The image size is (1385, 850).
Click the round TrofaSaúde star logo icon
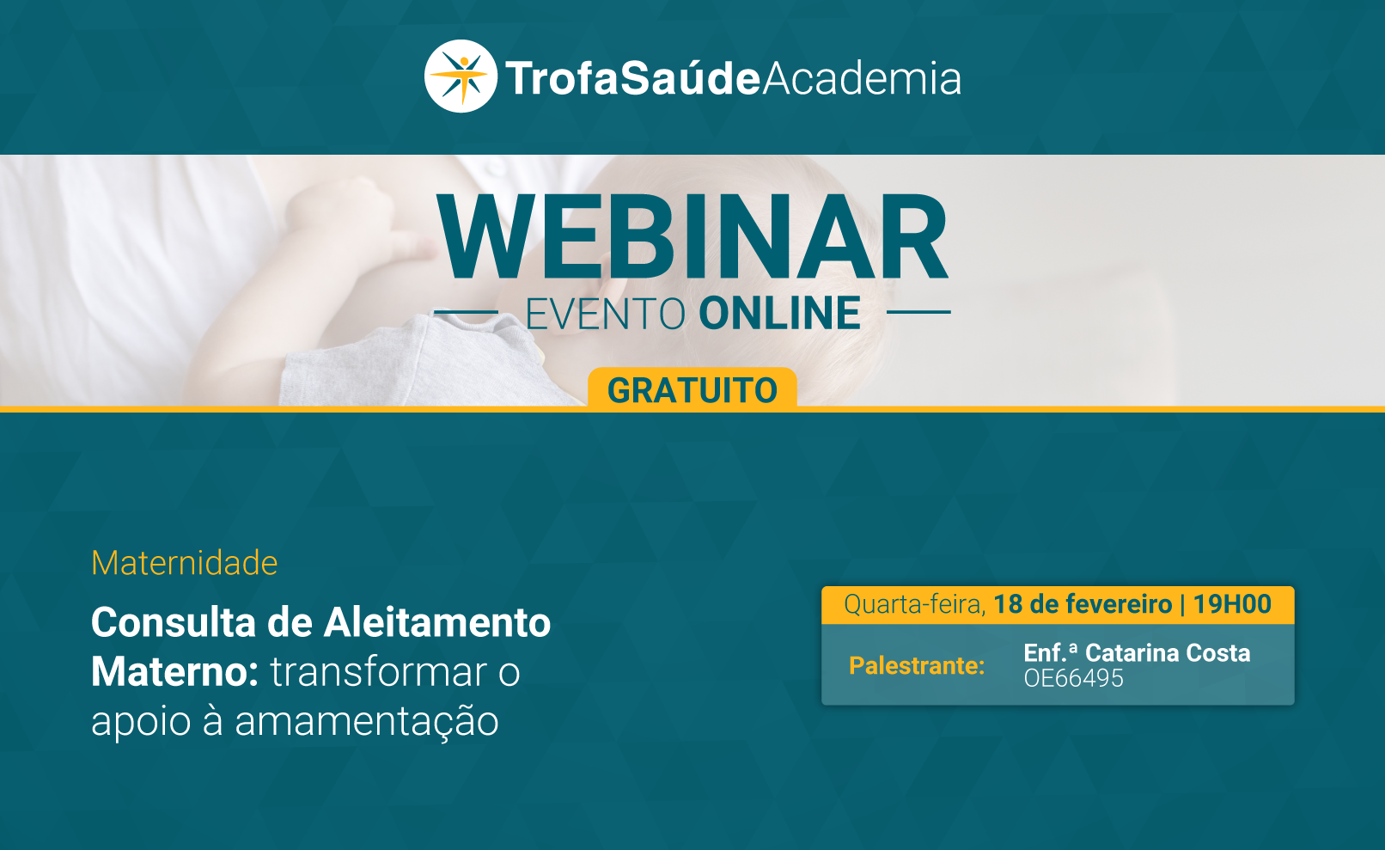(461, 76)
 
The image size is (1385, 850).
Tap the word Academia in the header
(862, 78)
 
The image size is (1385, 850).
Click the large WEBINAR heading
(692, 236)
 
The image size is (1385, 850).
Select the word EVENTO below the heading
(606, 314)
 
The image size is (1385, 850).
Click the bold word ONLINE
(779, 314)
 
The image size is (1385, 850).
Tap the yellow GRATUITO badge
(692, 388)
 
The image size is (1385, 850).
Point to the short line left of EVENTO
(467, 312)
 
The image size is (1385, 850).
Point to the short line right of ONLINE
(918, 312)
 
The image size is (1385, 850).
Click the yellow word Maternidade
(184, 563)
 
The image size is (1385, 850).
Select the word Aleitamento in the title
(437, 621)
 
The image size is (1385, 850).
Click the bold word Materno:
(175, 672)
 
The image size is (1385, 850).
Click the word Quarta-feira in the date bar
(915, 604)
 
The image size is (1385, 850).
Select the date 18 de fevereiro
(1083, 604)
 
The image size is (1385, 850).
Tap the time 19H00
(1232, 604)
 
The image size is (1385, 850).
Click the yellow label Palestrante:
(917, 666)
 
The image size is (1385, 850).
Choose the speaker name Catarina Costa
(1168, 653)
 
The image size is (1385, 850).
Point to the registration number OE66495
(1073, 679)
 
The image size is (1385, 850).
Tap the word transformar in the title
(378, 672)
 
